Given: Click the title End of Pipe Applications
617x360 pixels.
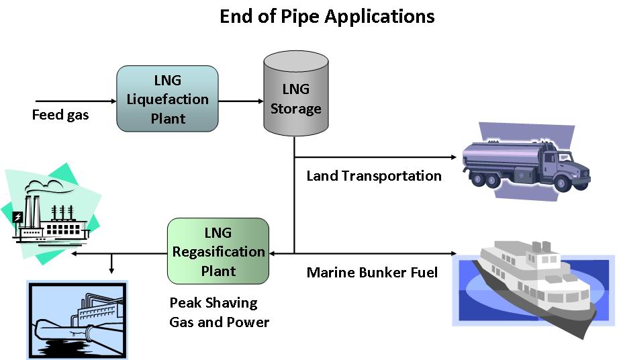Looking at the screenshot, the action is [327, 17].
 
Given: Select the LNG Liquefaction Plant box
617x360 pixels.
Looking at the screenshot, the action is [167, 99].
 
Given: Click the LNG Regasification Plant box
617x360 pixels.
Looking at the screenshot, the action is [218, 251].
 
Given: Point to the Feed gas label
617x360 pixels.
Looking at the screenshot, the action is [60, 115].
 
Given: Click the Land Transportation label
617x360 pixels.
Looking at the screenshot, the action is [374, 176].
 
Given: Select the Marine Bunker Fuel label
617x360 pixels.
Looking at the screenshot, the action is [372, 272].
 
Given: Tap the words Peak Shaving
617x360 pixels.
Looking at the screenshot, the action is [213, 303].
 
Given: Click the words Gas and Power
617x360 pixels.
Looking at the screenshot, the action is [219, 322].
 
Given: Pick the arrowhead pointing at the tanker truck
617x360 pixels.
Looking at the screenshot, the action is [454, 157].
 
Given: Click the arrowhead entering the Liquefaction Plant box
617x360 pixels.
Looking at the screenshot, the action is [113, 101].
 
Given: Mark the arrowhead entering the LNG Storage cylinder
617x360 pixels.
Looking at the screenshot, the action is [260, 101].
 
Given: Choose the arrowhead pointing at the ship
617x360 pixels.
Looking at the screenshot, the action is [454, 253].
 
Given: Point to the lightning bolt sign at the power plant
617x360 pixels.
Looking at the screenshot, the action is [17, 217].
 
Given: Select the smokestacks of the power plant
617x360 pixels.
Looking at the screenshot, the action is [32, 212].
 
